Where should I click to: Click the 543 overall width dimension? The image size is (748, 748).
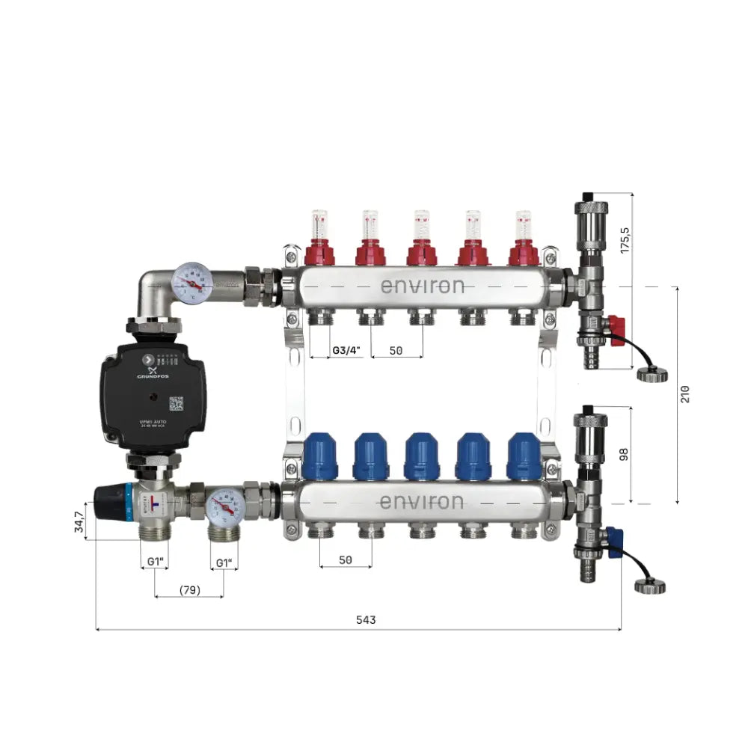[x=365, y=620]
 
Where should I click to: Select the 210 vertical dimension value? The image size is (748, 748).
[x=686, y=393]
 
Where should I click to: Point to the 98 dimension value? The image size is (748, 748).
[x=626, y=454]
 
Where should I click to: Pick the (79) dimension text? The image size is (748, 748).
[x=189, y=590]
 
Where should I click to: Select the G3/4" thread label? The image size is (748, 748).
[x=347, y=350]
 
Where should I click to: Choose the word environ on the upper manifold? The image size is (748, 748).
[x=422, y=286]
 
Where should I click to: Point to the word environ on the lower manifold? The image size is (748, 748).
[x=422, y=501]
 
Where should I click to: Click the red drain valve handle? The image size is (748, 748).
[x=616, y=325]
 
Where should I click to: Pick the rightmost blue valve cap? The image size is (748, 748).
[x=523, y=456]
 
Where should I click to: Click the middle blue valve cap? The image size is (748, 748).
[x=421, y=456]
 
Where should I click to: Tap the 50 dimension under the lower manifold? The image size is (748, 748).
[x=346, y=560]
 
